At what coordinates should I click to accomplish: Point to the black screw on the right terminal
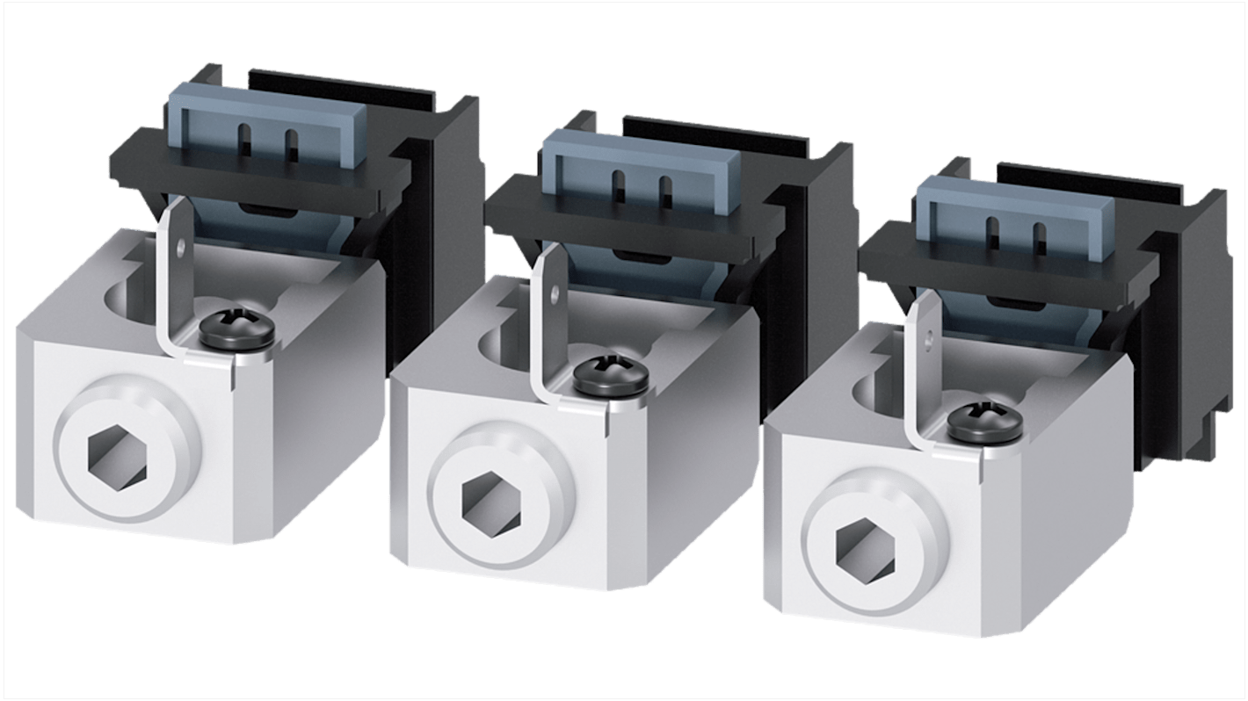pos(983,420)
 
